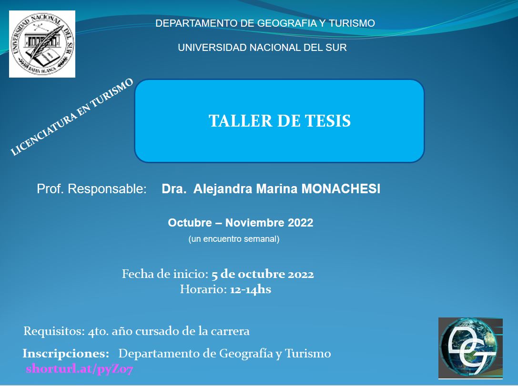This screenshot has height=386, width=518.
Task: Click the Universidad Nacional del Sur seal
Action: coord(42,44)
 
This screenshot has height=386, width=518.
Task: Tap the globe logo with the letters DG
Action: coord(470,348)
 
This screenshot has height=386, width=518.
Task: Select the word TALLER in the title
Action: coord(241,121)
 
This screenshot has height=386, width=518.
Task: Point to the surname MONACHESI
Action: coord(341,188)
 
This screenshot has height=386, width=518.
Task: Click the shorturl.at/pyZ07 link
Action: coord(80,368)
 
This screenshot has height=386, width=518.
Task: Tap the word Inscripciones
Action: coord(66,353)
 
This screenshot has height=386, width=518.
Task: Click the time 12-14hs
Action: coord(250,289)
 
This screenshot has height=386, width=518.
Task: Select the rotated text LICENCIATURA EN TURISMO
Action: coord(71,117)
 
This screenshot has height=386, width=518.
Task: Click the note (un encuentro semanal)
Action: coord(234,239)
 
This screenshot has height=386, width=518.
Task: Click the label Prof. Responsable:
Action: coord(92,188)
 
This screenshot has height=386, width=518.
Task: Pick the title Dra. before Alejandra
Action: coord(174,188)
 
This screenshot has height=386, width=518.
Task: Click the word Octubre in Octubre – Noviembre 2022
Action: coord(190,223)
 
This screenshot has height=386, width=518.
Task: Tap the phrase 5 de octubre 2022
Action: coord(263,274)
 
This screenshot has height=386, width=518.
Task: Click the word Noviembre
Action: coord(254,223)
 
